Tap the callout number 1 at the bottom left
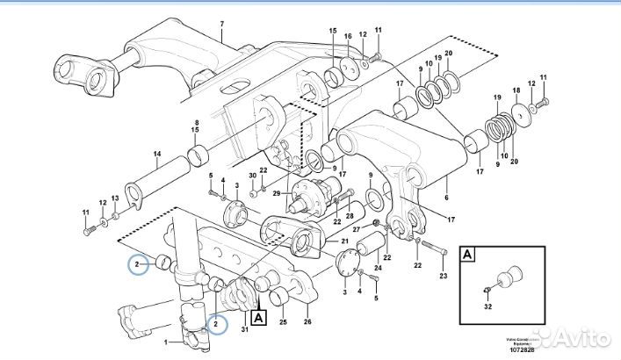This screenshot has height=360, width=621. [166, 340]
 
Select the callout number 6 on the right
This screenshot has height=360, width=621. [446, 185]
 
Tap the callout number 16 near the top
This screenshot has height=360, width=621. [348, 36]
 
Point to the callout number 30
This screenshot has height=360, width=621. [252, 176]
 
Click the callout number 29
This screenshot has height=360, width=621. [278, 192]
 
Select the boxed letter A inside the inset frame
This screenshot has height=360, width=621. [468, 255]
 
